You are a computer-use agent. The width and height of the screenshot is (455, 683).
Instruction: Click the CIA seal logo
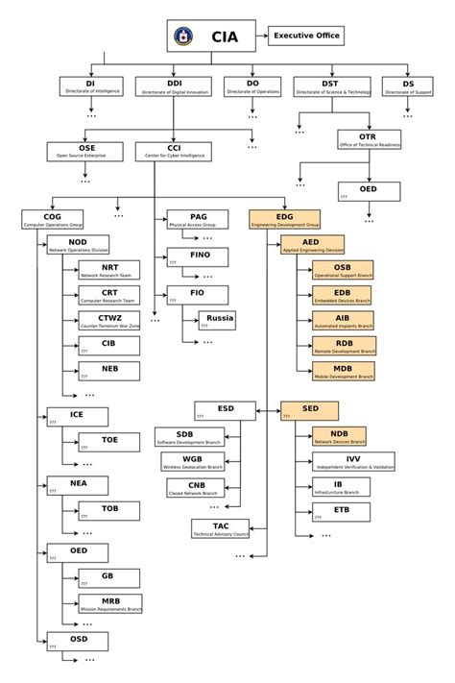[x=182, y=37]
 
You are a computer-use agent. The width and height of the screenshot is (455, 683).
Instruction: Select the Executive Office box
[x=304, y=36]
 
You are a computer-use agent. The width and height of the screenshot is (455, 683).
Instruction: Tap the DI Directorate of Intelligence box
[x=90, y=86]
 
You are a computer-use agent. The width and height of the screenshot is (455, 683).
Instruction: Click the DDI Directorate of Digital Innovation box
[x=175, y=86]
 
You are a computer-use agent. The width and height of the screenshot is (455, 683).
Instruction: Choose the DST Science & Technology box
[x=330, y=86]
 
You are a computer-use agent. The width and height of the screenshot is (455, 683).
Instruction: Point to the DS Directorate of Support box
[x=409, y=86]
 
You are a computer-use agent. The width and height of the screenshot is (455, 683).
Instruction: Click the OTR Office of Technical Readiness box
[x=368, y=139]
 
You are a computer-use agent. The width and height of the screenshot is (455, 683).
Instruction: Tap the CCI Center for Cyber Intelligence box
[x=175, y=151]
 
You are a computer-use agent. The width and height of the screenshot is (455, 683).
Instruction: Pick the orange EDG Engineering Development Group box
[x=285, y=220]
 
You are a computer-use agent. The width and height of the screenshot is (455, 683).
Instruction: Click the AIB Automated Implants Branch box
[x=342, y=321]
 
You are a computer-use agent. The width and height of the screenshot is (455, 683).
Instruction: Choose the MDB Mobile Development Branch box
[x=342, y=373]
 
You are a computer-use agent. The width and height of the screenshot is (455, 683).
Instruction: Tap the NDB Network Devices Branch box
[x=340, y=437]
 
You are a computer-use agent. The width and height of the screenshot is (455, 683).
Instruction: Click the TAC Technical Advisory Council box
[x=221, y=528]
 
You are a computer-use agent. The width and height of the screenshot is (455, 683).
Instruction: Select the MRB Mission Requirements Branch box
[x=109, y=604]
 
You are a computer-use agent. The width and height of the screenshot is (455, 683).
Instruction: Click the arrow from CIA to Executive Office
[x=262, y=37]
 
